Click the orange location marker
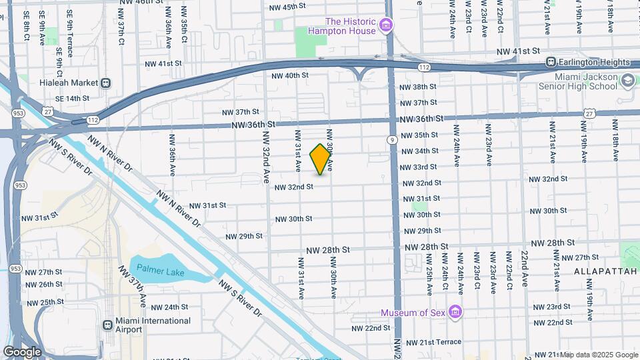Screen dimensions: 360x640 click(321, 159)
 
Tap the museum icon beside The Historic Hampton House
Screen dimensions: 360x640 click(385, 26)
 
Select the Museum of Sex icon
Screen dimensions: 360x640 click(455, 312)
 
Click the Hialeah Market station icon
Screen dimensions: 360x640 click(105, 83)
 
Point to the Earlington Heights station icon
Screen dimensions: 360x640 click(551, 62)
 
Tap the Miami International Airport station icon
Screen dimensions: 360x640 click(108, 325)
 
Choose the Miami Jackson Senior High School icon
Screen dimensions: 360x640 click(627, 81)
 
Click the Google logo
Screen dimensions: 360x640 click(22, 351)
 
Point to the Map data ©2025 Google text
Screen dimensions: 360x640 click(599, 355)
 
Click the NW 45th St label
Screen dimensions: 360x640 click(287, 7)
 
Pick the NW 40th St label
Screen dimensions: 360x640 click(290, 75)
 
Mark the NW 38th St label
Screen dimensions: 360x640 click(418, 87)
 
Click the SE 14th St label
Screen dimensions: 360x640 click(72, 99)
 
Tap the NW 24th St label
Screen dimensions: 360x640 click(169, 307)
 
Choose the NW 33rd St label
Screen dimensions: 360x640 click(419, 167)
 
